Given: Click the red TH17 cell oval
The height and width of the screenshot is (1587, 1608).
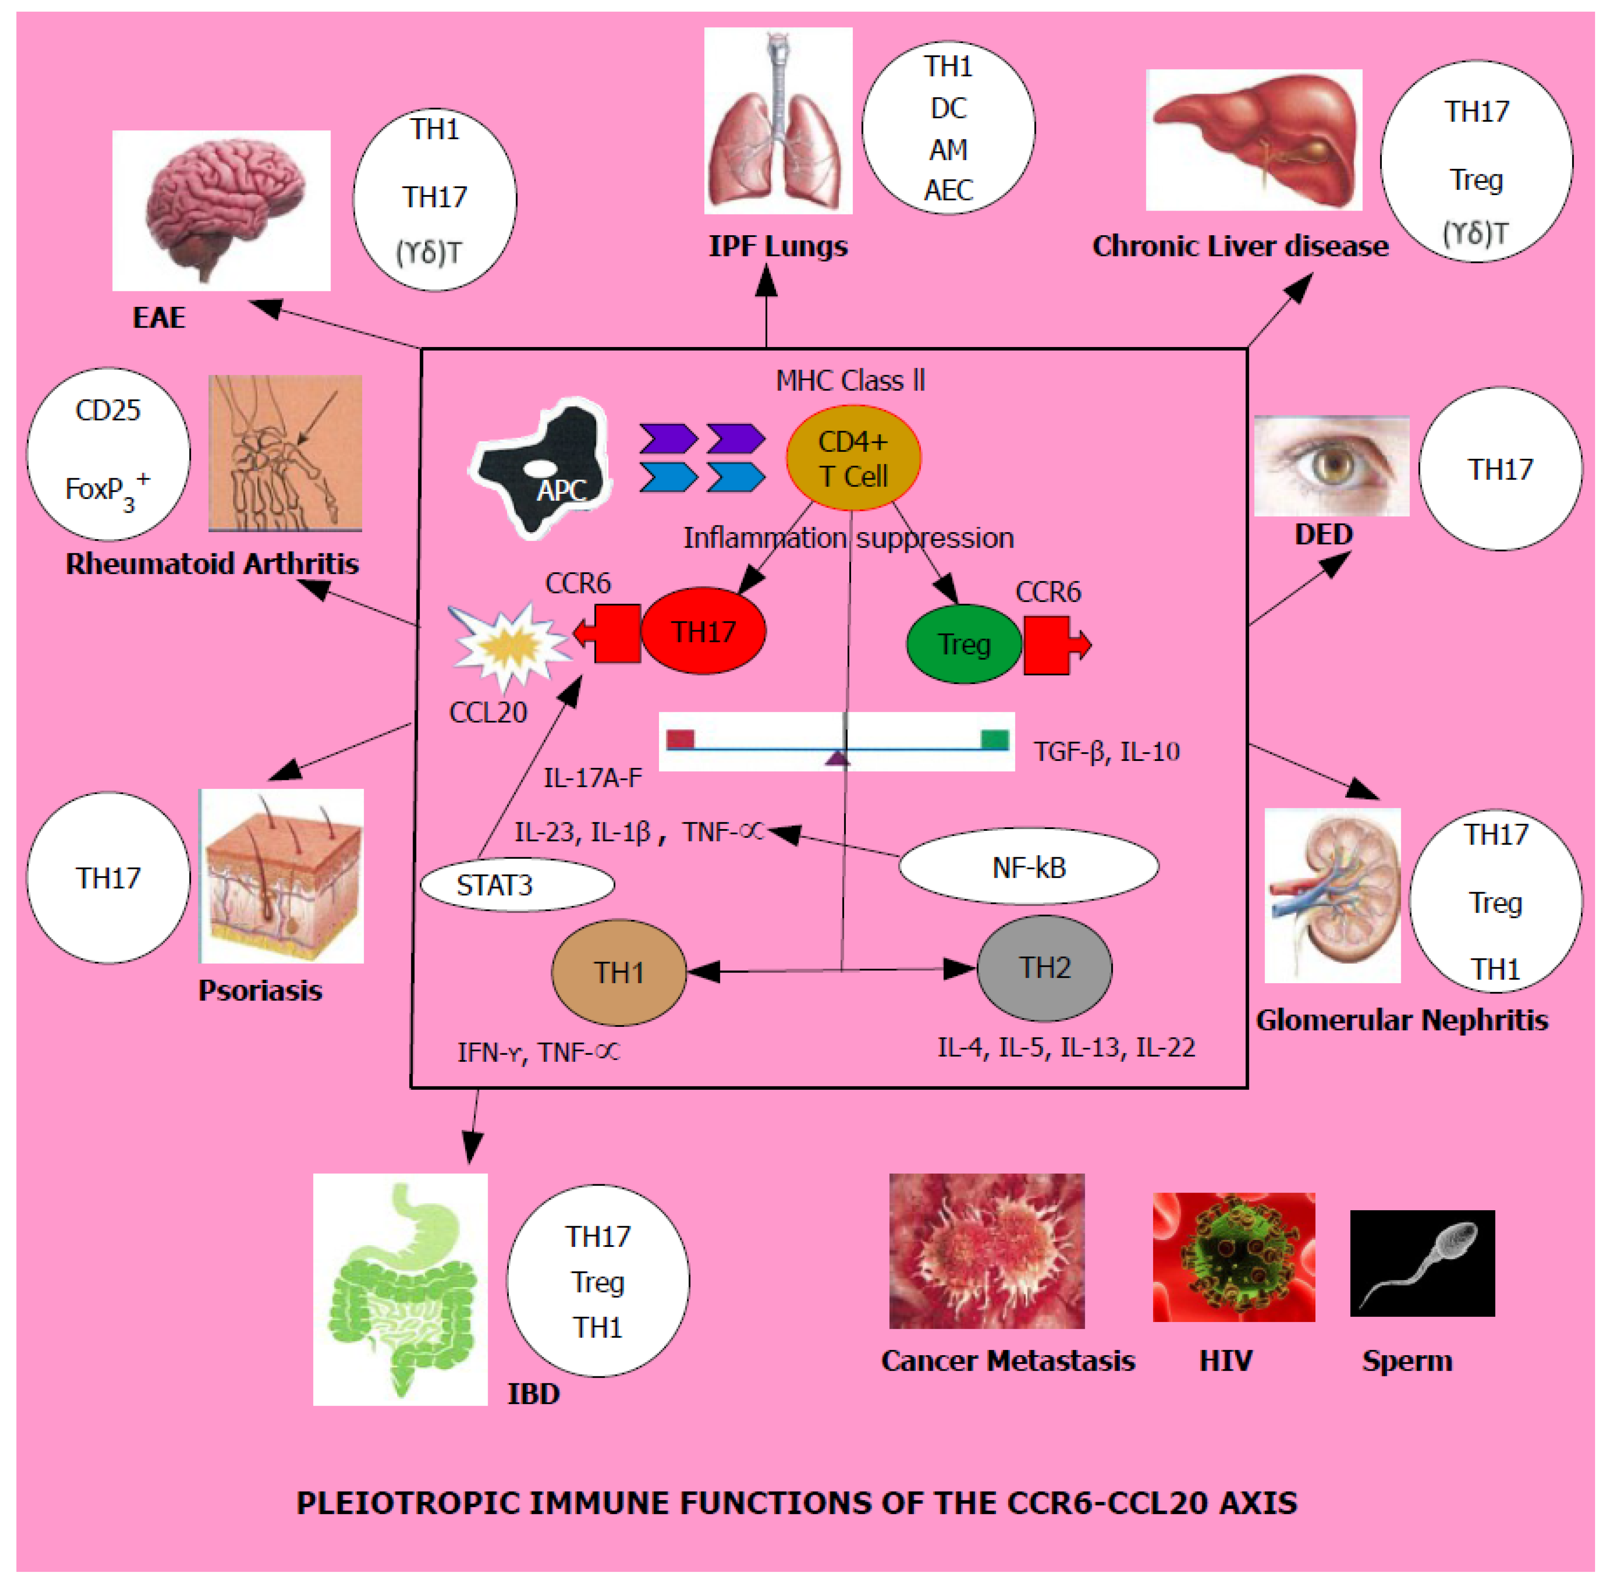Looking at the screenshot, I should (703, 631).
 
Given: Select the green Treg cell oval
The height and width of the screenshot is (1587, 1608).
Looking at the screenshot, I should (963, 644).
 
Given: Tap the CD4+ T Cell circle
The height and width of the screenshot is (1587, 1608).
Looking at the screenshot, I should (853, 457).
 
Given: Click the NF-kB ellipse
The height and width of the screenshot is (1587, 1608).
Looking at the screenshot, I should (1029, 866).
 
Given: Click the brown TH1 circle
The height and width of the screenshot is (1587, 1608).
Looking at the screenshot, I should (618, 972).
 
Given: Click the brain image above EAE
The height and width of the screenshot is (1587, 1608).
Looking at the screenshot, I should (221, 211).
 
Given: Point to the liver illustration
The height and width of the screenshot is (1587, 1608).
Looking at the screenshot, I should (1253, 140).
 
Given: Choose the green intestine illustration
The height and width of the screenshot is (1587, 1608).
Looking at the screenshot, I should (400, 1288).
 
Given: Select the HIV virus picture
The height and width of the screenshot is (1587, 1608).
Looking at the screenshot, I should (1233, 1257).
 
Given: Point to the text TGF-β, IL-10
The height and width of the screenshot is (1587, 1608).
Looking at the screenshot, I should (1106, 751).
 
